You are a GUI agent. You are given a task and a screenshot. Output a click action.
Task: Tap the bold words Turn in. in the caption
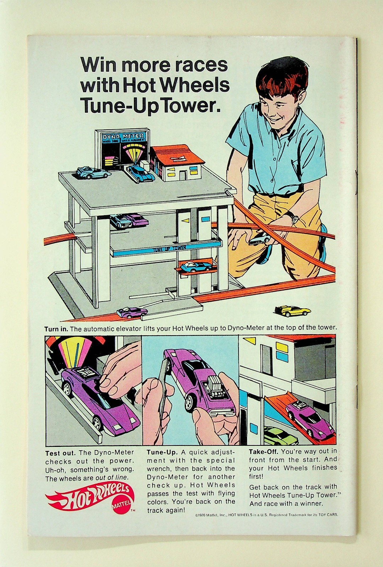coord(56,329)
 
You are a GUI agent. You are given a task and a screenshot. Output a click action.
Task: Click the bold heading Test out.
coord(60,453)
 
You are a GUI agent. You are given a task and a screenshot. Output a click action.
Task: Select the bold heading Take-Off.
coord(263,452)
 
